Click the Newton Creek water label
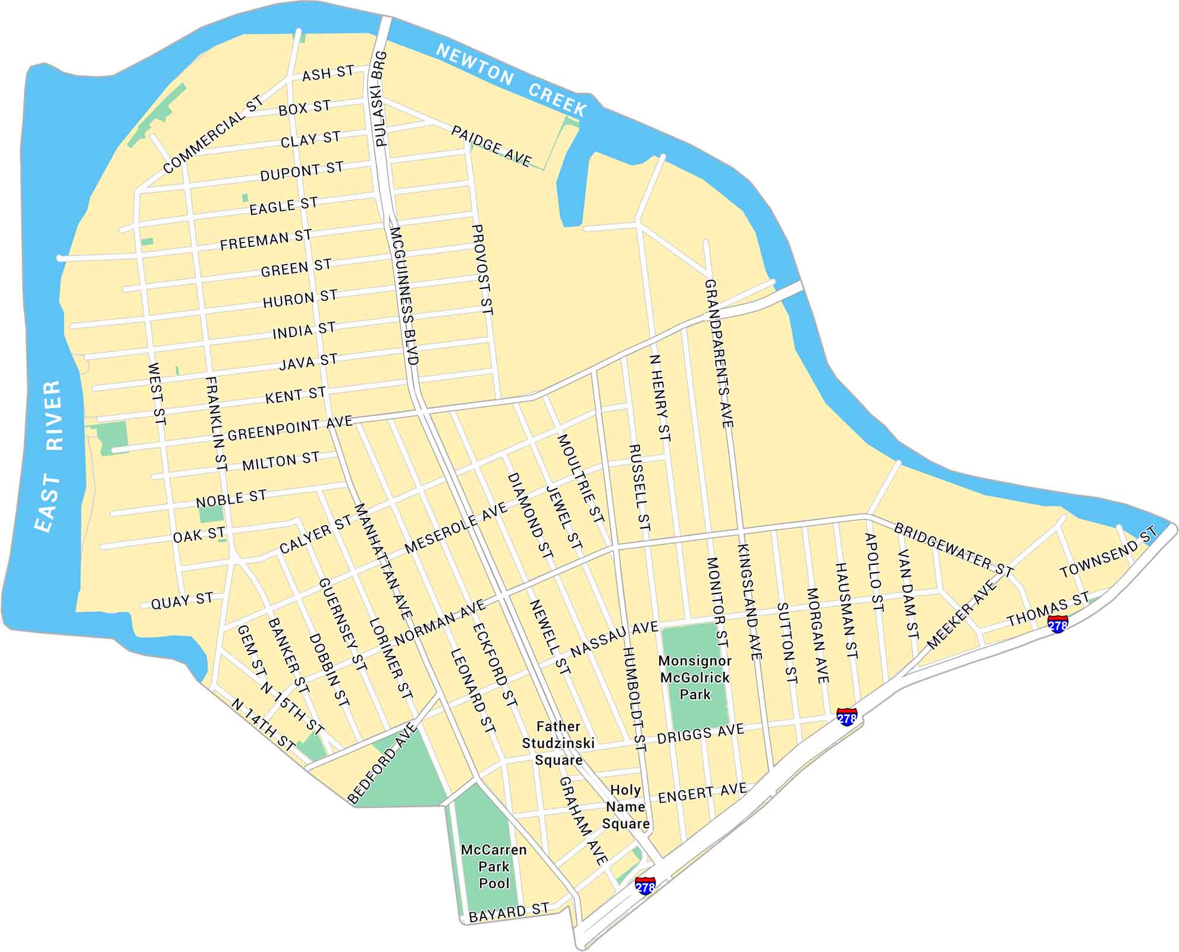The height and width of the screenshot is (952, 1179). click(x=511, y=80)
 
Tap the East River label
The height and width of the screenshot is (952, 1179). click(x=49, y=455)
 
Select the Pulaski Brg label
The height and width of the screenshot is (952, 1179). click(x=381, y=99)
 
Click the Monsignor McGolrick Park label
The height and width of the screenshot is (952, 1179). click(x=695, y=677)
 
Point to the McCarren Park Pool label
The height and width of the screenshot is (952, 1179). click(x=494, y=866)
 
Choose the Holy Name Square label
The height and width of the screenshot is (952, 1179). click(x=625, y=807)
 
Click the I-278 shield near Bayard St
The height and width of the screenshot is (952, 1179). click(x=645, y=885)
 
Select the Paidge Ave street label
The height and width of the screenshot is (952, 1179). click(x=491, y=146)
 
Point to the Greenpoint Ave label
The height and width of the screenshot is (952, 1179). click(x=290, y=428)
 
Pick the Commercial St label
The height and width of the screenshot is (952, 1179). click(x=213, y=134)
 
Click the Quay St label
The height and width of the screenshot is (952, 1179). click(x=181, y=601)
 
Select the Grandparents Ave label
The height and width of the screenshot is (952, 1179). click(x=719, y=353)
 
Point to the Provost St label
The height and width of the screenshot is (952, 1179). click(x=482, y=269)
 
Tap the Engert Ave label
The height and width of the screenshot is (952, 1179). click(x=702, y=794)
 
